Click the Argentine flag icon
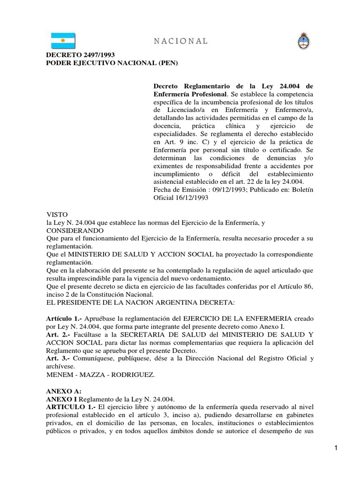click(x=66, y=41)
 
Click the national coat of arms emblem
click(x=302, y=42)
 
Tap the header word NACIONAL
click(x=180, y=41)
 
